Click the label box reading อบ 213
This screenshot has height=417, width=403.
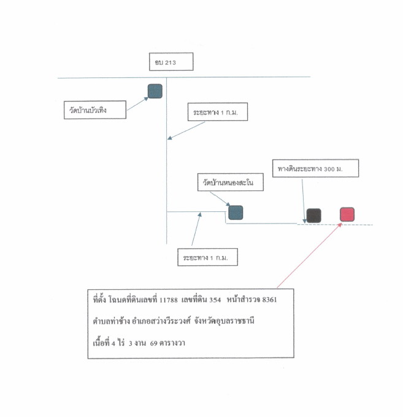[171, 61]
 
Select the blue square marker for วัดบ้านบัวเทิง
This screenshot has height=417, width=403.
[155, 92]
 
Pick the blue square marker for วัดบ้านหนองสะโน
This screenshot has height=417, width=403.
[236, 212]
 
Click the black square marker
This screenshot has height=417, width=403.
[313, 216]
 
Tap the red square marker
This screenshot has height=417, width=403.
[347, 214]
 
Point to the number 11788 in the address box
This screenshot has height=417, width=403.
[169, 300]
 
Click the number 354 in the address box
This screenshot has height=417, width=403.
[215, 300]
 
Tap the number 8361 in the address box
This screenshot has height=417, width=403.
[269, 300]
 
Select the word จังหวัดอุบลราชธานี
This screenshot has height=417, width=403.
[224, 321]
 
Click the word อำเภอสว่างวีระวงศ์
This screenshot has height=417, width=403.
[161, 321]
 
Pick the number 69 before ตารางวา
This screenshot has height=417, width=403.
[153, 343]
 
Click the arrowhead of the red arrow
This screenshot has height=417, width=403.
[340, 225]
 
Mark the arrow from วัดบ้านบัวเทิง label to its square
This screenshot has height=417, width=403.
[137, 104]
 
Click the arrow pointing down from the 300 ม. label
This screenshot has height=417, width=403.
[303, 201]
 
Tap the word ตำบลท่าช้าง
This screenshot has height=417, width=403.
[111, 321]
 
